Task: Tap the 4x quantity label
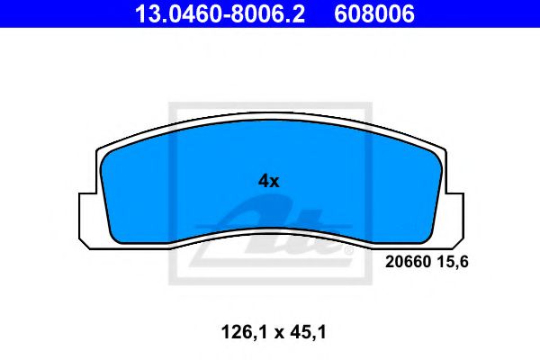pos(269,180)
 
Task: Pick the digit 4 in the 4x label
pos(264,180)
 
